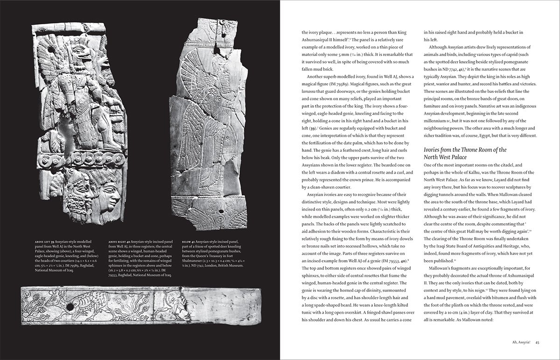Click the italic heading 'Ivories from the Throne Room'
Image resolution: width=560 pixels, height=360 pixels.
coord(465,149)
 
